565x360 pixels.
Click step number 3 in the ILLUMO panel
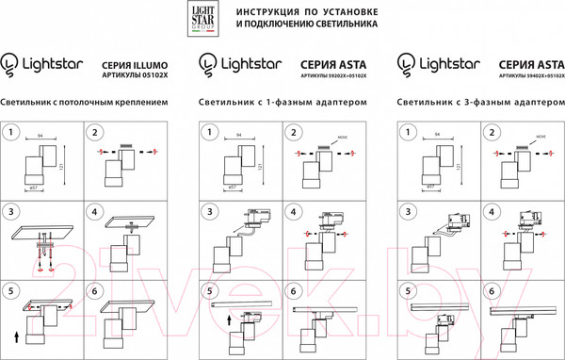(13, 211)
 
